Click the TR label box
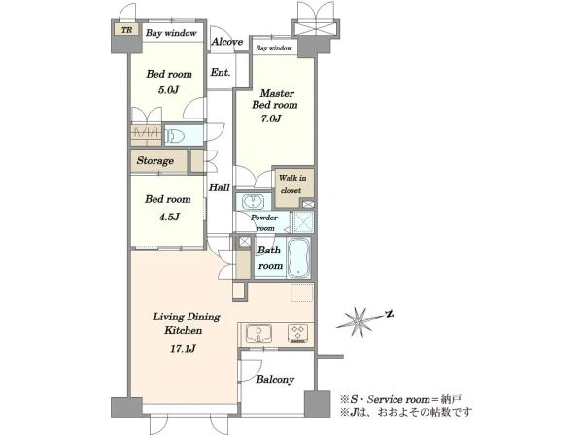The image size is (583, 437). coord(126,30)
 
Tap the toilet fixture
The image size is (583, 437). coord(175,136)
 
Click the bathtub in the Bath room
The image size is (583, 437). coord(298,257)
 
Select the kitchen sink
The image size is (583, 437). coord(258,333)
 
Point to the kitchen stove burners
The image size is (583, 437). coord(298,333)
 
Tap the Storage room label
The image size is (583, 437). coord(155,160)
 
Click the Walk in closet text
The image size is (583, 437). coord(292,184)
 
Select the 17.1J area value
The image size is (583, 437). coord(183,349)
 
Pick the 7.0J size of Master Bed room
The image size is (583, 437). coord(270,118)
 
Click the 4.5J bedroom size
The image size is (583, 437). coord(169,217)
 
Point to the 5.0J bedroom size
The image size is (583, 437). coord(169,90)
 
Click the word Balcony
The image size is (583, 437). coord(275,380)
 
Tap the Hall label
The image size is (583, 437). coord(219,187)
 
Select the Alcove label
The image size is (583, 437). coord(227,42)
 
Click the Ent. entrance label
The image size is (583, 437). coord(221,72)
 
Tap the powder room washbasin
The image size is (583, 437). coord(254,202)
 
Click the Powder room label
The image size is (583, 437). coord(264,222)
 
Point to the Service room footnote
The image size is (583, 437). coord(400,399)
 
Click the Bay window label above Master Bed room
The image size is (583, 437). coord(274,48)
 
